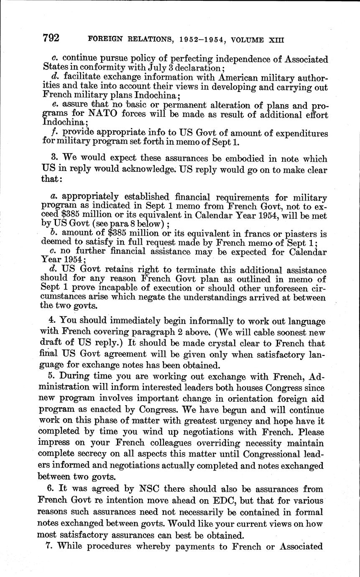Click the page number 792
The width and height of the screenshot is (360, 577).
(x=51, y=38)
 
